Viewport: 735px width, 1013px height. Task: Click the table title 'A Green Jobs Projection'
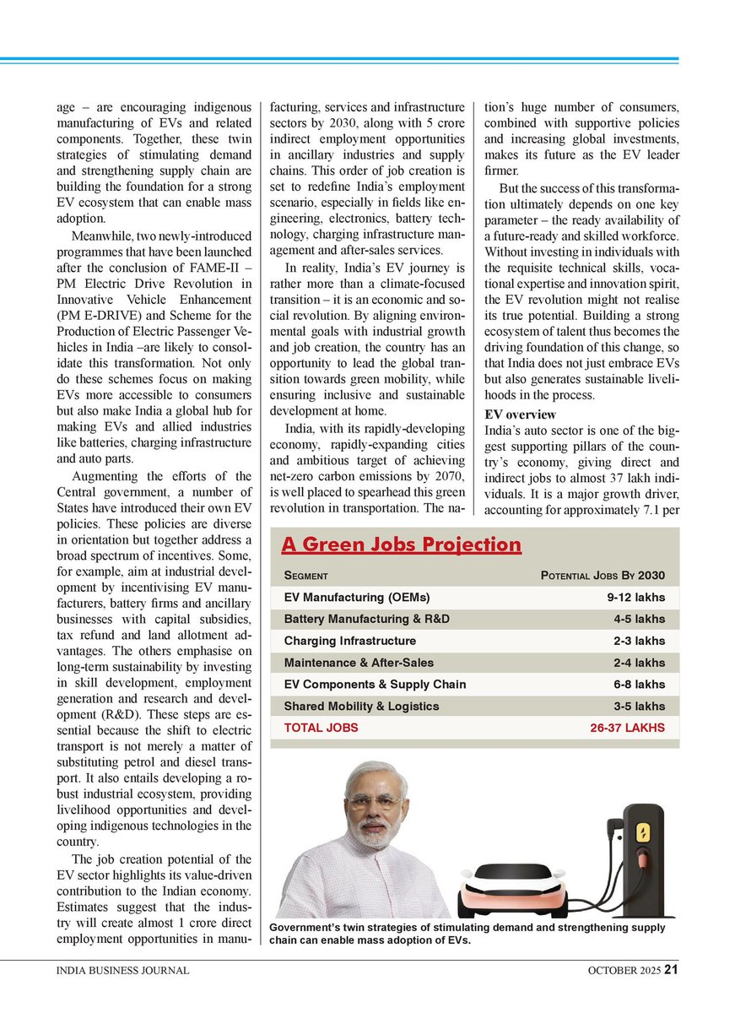click(x=401, y=544)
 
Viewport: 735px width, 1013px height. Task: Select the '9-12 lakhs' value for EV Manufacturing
click(x=635, y=598)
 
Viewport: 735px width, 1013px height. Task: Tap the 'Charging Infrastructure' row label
click(x=349, y=642)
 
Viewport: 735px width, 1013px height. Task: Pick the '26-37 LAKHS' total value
click(x=628, y=728)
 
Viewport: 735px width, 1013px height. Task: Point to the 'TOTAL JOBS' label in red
click(x=321, y=728)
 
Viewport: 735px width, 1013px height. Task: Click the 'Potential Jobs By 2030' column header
click(x=602, y=576)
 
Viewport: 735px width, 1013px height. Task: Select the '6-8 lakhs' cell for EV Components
click(x=639, y=685)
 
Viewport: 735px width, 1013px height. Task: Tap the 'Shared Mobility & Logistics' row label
click(x=361, y=707)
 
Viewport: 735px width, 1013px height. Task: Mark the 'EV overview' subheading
click(x=519, y=414)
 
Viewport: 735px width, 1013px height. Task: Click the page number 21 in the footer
click(x=671, y=970)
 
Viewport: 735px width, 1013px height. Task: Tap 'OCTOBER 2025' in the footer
click(x=624, y=971)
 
